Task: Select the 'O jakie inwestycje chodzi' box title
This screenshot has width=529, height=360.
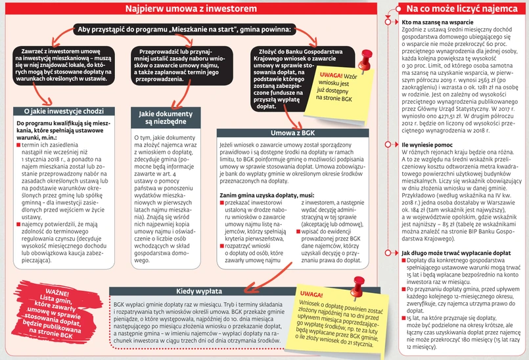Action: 58,112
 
